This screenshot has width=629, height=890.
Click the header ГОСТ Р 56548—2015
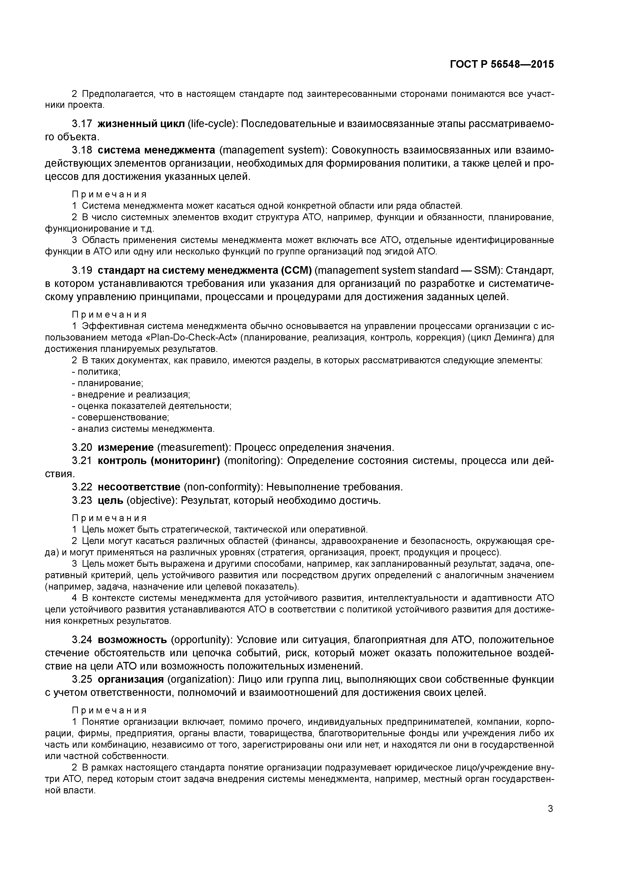[502, 65]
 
